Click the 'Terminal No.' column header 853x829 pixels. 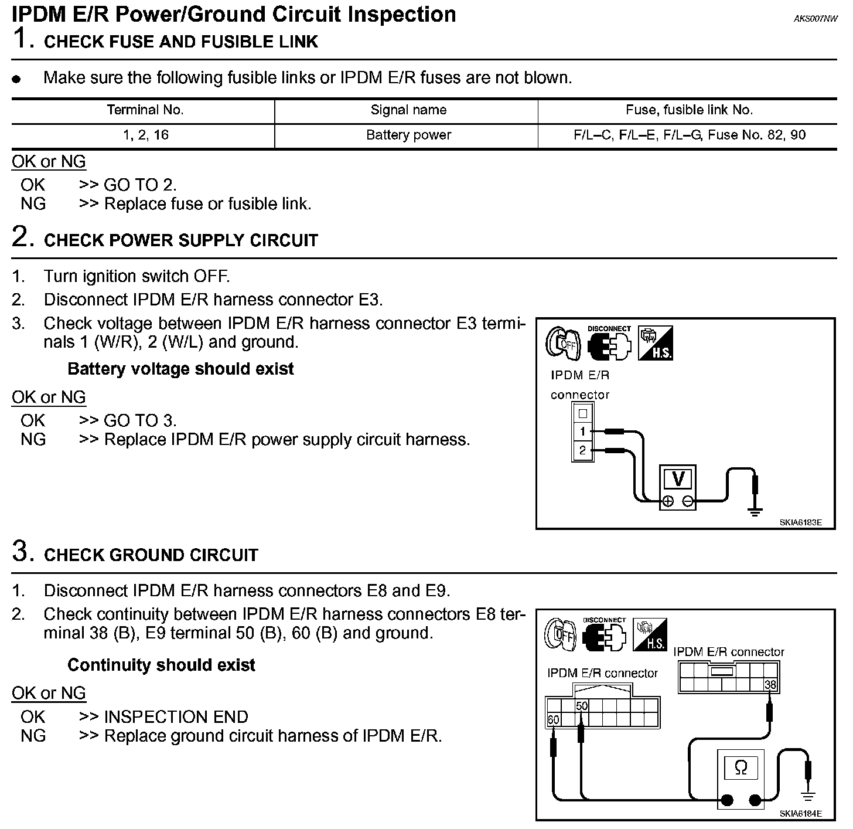(145, 110)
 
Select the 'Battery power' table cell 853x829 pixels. (408, 135)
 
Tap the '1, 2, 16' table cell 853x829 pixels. (145, 135)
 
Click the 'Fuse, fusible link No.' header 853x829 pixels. (689, 110)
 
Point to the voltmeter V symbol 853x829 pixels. (678, 479)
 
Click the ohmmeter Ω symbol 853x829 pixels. (741, 767)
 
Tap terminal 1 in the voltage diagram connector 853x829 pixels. (582, 432)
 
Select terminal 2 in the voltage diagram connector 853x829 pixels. (582, 451)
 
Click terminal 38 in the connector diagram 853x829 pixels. (770, 684)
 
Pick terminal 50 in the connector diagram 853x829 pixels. (581, 706)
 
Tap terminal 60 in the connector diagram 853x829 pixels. (553, 720)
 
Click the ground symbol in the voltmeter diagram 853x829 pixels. (755, 511)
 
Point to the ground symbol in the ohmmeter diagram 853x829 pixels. (808, 796)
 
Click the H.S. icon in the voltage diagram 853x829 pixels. (655, 343)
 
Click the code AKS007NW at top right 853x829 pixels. (816, 19)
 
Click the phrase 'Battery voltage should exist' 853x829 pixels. (180, 369)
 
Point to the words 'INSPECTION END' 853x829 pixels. (176, 716)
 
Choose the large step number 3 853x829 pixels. (21, 552)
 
